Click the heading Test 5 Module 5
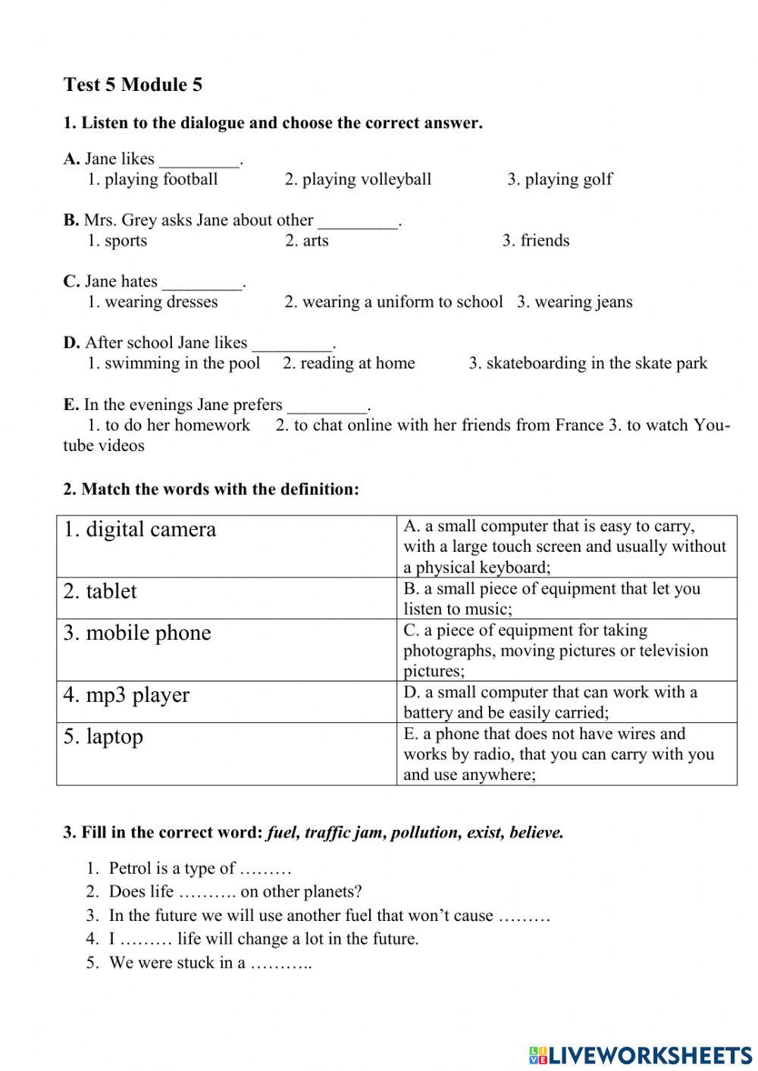click(x=133, y=84)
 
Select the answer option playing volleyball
click(x=358, y=180)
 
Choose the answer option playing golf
click(x=559, y=180)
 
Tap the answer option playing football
click(x=152, y=180)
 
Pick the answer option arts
click(x=307, y=241)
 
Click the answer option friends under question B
click(x=535, y=241)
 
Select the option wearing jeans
click(x=575, y=302)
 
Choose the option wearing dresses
click(x=152, y=302)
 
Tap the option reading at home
click(x=349, y=364)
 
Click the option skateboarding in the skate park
click(x=587, y=364)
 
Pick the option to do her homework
click(x=168, y=425)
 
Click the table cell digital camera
click(x=140, y=529)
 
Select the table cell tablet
click(x=100, y=591)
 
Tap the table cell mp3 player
click(x=127, y=695)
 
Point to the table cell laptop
click(x=103, y=737)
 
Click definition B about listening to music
click(x=551, y=598)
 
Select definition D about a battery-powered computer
click(x=550, y=702)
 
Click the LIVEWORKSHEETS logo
click(x=640, y=1054)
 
